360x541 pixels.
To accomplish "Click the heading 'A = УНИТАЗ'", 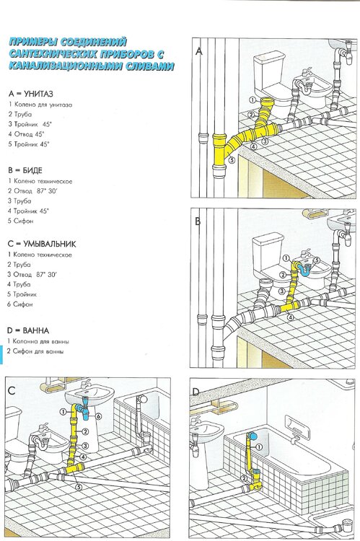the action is (x=31, y=94).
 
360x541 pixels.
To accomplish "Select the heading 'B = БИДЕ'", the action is (x=25, y=170).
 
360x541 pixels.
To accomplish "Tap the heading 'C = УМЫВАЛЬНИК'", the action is (x=41, y=245).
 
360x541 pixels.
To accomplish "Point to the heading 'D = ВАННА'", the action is (x=28, y=330).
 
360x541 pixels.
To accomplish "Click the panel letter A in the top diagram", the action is (x=199, y=51).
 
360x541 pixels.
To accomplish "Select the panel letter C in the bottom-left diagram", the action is (x=12, y=390).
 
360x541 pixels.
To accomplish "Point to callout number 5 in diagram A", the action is (x=232, y=159).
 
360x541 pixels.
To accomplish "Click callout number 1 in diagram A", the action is (x=253, y=100).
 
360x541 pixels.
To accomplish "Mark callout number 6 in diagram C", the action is (x=98, y=417).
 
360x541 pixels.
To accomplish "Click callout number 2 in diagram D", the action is (x=244, y=478).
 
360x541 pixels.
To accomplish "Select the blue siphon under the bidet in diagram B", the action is (x=306, y=269).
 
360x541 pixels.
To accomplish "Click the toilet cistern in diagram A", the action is (x=269, y=72).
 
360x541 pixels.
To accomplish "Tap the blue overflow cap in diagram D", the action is (x=253, y=436).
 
